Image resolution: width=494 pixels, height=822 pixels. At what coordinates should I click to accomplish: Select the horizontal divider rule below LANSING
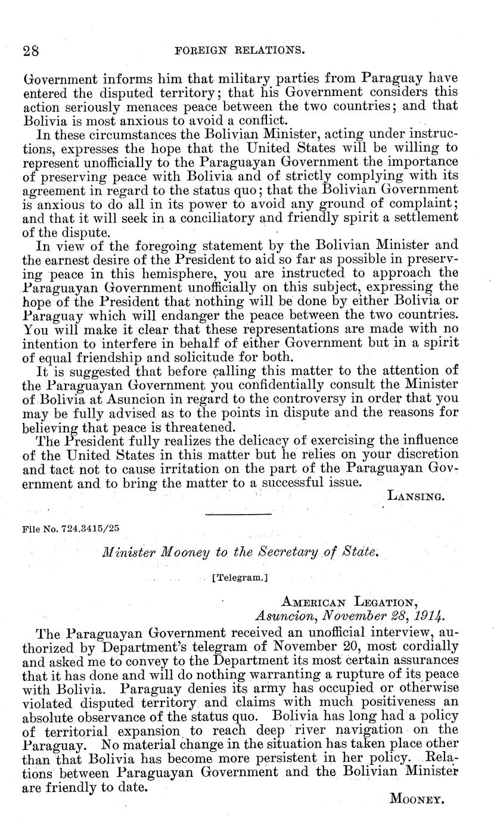point(238,513)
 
